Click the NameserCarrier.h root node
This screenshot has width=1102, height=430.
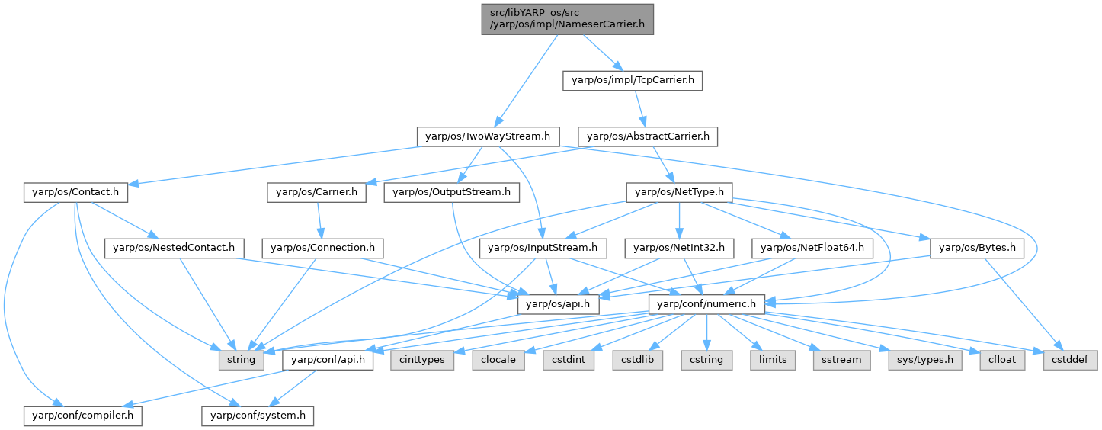(x=568, y=18)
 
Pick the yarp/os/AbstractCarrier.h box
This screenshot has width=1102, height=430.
(x=648, y=137)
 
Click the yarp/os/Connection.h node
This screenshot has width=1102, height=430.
(x=323, y=248)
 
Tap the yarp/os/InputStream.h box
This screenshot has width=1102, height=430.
(x=543, y=248)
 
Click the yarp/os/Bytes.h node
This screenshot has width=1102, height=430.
(x=977, y=248)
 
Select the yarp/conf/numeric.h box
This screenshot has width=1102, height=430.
(x=706, y=304)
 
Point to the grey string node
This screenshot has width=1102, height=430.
(x=241, y=359)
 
